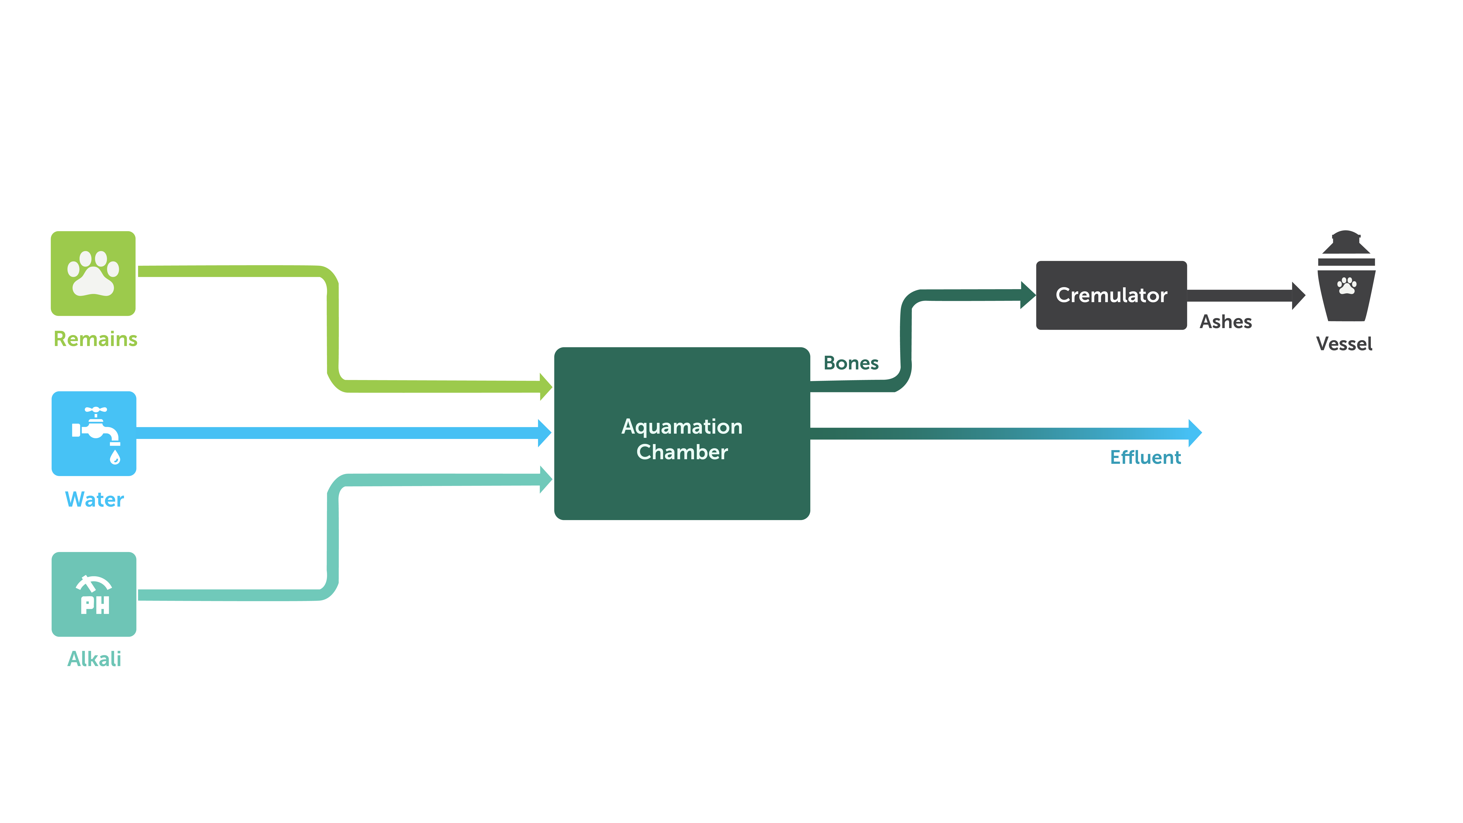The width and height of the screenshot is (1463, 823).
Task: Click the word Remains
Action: [95, 339]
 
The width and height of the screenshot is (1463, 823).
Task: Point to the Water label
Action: [94, 499]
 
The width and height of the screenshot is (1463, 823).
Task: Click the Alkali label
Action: [94, 659]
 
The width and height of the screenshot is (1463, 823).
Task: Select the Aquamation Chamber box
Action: [682, 433]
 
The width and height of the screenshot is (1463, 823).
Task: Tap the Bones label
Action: [851, 363]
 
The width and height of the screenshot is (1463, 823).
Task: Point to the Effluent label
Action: [1145, 457]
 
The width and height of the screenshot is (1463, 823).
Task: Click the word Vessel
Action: [1344, 344]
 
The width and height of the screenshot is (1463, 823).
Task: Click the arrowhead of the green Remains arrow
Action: [546, 387]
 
